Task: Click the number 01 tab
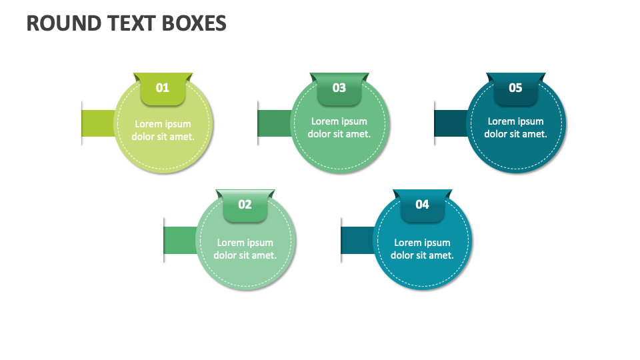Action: tap(163, 89)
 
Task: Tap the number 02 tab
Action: tap(245, 205)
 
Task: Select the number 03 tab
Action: tap(339, 89)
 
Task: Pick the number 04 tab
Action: tap(422, 205)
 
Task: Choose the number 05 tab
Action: tap(515, 89)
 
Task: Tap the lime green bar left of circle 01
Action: tap(99, 123)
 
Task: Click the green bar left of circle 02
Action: tap(181, 240)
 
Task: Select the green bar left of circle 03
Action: tap(275, 123)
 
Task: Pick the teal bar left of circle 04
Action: tap(358, 240)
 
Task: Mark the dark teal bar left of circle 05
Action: tap(451, 123)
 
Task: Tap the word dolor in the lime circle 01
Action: tap(144, 137)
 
